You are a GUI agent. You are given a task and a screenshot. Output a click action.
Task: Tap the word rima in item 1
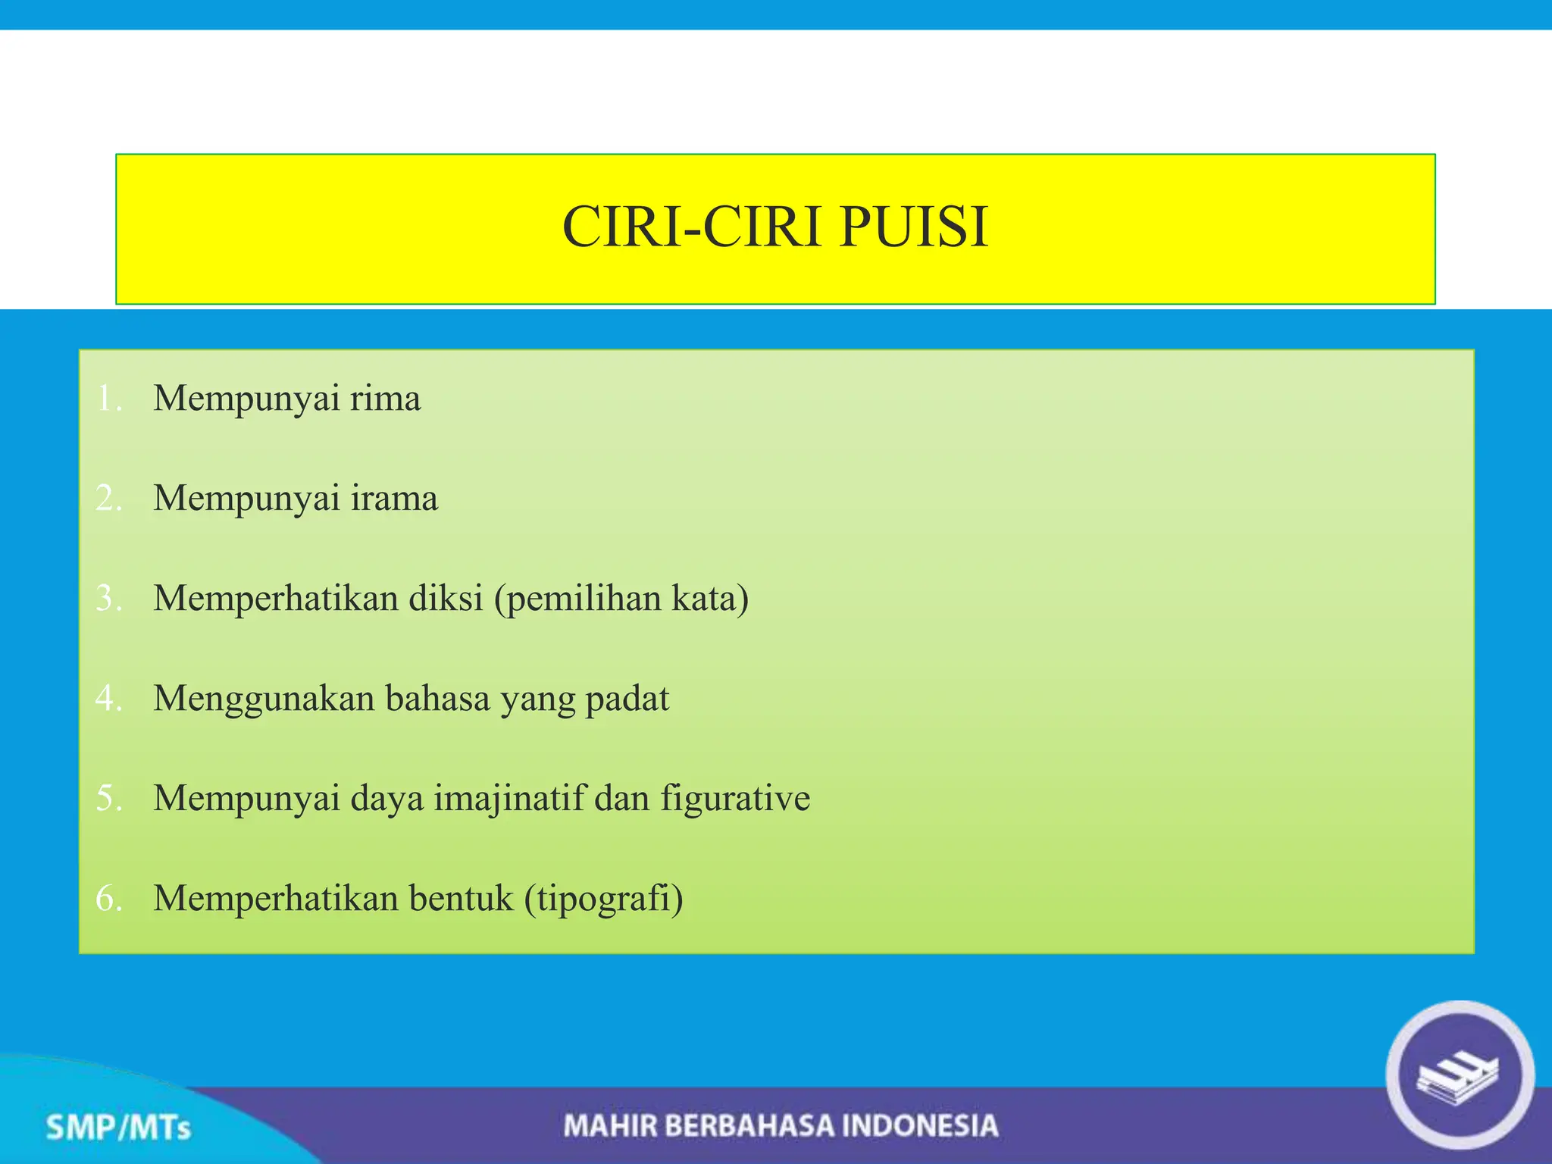pyautogui.click(x=385, y=399)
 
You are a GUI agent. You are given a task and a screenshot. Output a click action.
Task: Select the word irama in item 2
pyautogui.click(x=394, y=499)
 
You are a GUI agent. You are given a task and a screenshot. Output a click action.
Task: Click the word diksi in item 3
pyautogui.click(x=446, y=599)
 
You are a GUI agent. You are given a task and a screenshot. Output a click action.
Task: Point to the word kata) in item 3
pyautogui.click(x=710, y=599)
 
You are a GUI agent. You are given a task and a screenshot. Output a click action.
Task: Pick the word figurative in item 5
pyautogui.click(x=735, y=799)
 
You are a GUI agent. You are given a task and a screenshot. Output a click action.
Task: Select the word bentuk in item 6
pyautogui.click(x=461, y=899)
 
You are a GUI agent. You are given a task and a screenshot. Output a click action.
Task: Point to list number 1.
pyautogui.click(x=109, y=399)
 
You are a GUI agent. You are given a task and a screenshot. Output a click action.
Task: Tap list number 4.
pyautogui.click(x=109, y=699)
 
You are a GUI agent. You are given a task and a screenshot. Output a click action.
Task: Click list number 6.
pyautogui.click(x=109, y=899)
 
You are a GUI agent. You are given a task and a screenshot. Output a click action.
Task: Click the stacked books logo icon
pyautogui.click(x=1460, y=1076)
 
